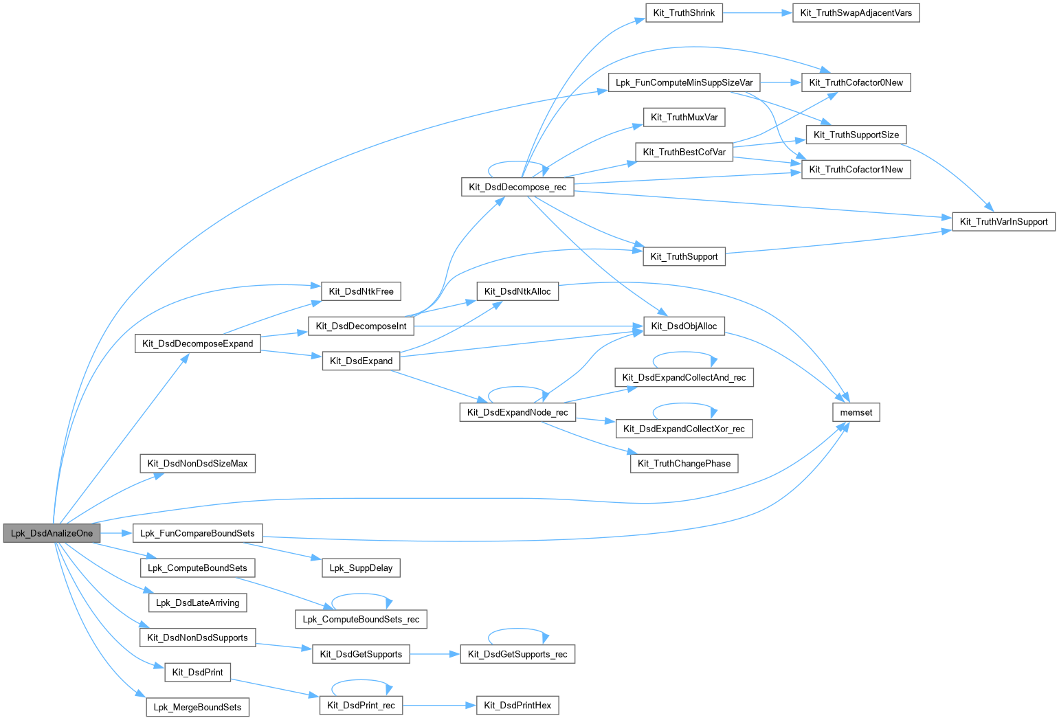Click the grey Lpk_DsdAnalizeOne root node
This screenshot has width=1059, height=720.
point(52,533)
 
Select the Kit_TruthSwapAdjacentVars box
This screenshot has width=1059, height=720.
point(856,13)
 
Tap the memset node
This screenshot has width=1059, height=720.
point(856,412)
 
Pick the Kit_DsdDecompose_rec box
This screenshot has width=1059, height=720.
point(517,187)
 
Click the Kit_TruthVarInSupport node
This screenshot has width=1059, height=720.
point(1003,221)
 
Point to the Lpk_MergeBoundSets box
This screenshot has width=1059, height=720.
point(197,707)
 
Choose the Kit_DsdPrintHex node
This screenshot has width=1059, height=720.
point(517,705)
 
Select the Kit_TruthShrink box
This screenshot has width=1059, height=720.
point(684,13)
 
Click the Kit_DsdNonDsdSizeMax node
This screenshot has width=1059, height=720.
point(197,464)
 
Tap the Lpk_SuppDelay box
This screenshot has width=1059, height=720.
point(361,567)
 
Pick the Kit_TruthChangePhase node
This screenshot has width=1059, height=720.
point(684,464)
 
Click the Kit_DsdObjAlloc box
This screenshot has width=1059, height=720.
point(684,326)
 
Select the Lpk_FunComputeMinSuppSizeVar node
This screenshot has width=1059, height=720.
point(684,82)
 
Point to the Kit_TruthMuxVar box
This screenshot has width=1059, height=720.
point(684,117)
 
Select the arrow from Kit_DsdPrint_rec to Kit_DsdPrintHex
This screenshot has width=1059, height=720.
point(440,705)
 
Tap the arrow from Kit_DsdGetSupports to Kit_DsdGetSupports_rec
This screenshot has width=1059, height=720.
point(434,654)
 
